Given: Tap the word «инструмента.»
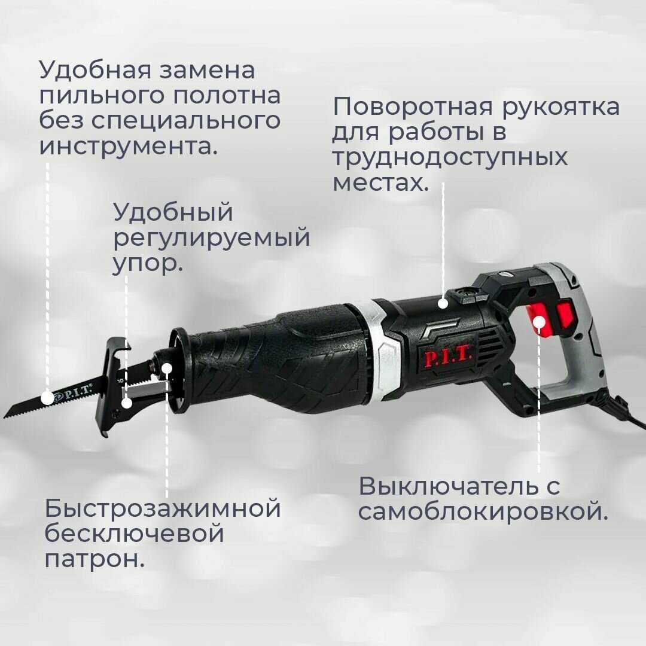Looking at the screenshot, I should tap(129, 145).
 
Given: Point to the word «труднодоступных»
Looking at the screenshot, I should tap(450, 157).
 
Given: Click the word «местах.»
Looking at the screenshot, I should tap(381, 182).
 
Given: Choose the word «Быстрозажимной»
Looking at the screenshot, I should tap(163, 509).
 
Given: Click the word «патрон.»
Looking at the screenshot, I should tap(95, 559).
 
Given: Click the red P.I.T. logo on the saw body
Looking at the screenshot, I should tap(449, 357).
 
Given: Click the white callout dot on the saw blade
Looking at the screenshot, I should tap(47, 397).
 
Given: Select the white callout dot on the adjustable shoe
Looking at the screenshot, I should tap(127, 403).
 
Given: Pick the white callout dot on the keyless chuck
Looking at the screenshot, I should tap(167, 368).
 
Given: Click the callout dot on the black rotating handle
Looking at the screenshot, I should tap(443, 303).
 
